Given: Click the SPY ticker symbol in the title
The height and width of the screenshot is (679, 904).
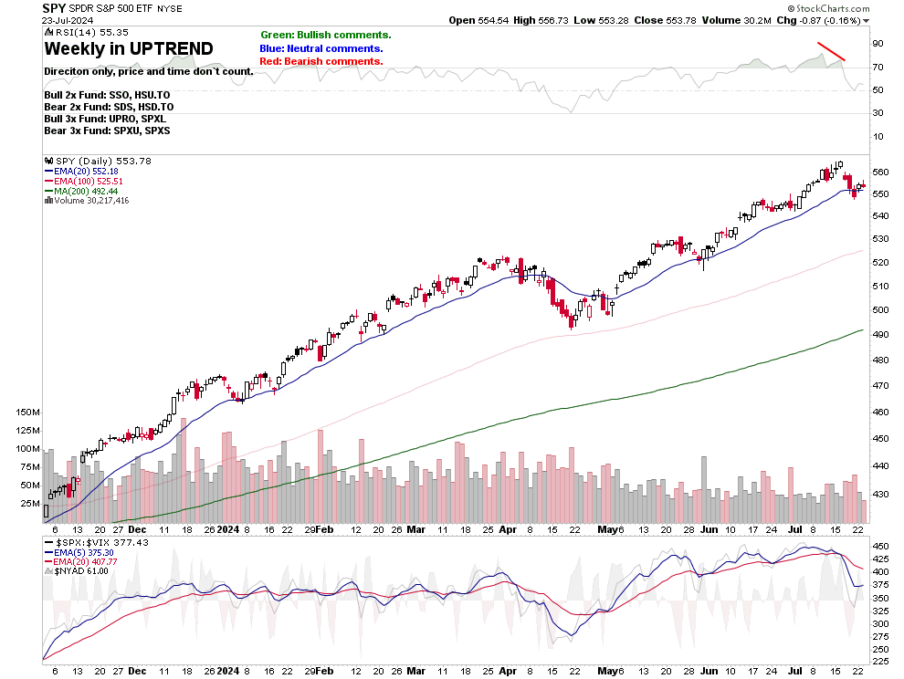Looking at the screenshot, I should pyautogui.click(x=56, y=7).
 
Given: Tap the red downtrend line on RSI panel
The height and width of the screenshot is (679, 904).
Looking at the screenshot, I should pyautogui.click(x=831, y=51).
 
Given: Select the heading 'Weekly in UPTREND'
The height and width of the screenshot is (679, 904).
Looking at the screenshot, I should pyautogui.click(x=129, y=48).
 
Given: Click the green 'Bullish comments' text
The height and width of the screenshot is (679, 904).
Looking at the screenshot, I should pyautogui.click(x=326, y=35).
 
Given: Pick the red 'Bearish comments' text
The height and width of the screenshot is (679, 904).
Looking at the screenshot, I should pyautogui.click(x=321, y=61).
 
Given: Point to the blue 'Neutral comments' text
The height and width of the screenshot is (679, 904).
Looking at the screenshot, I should pyautogui.click(x=321, y=48).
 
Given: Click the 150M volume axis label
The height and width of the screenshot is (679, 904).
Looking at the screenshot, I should pyautogui.click(x=28, y=412).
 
